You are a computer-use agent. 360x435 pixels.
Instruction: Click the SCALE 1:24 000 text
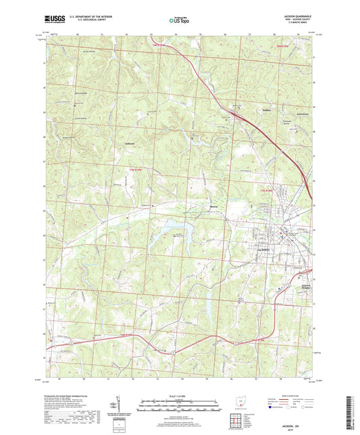pos(179,396)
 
